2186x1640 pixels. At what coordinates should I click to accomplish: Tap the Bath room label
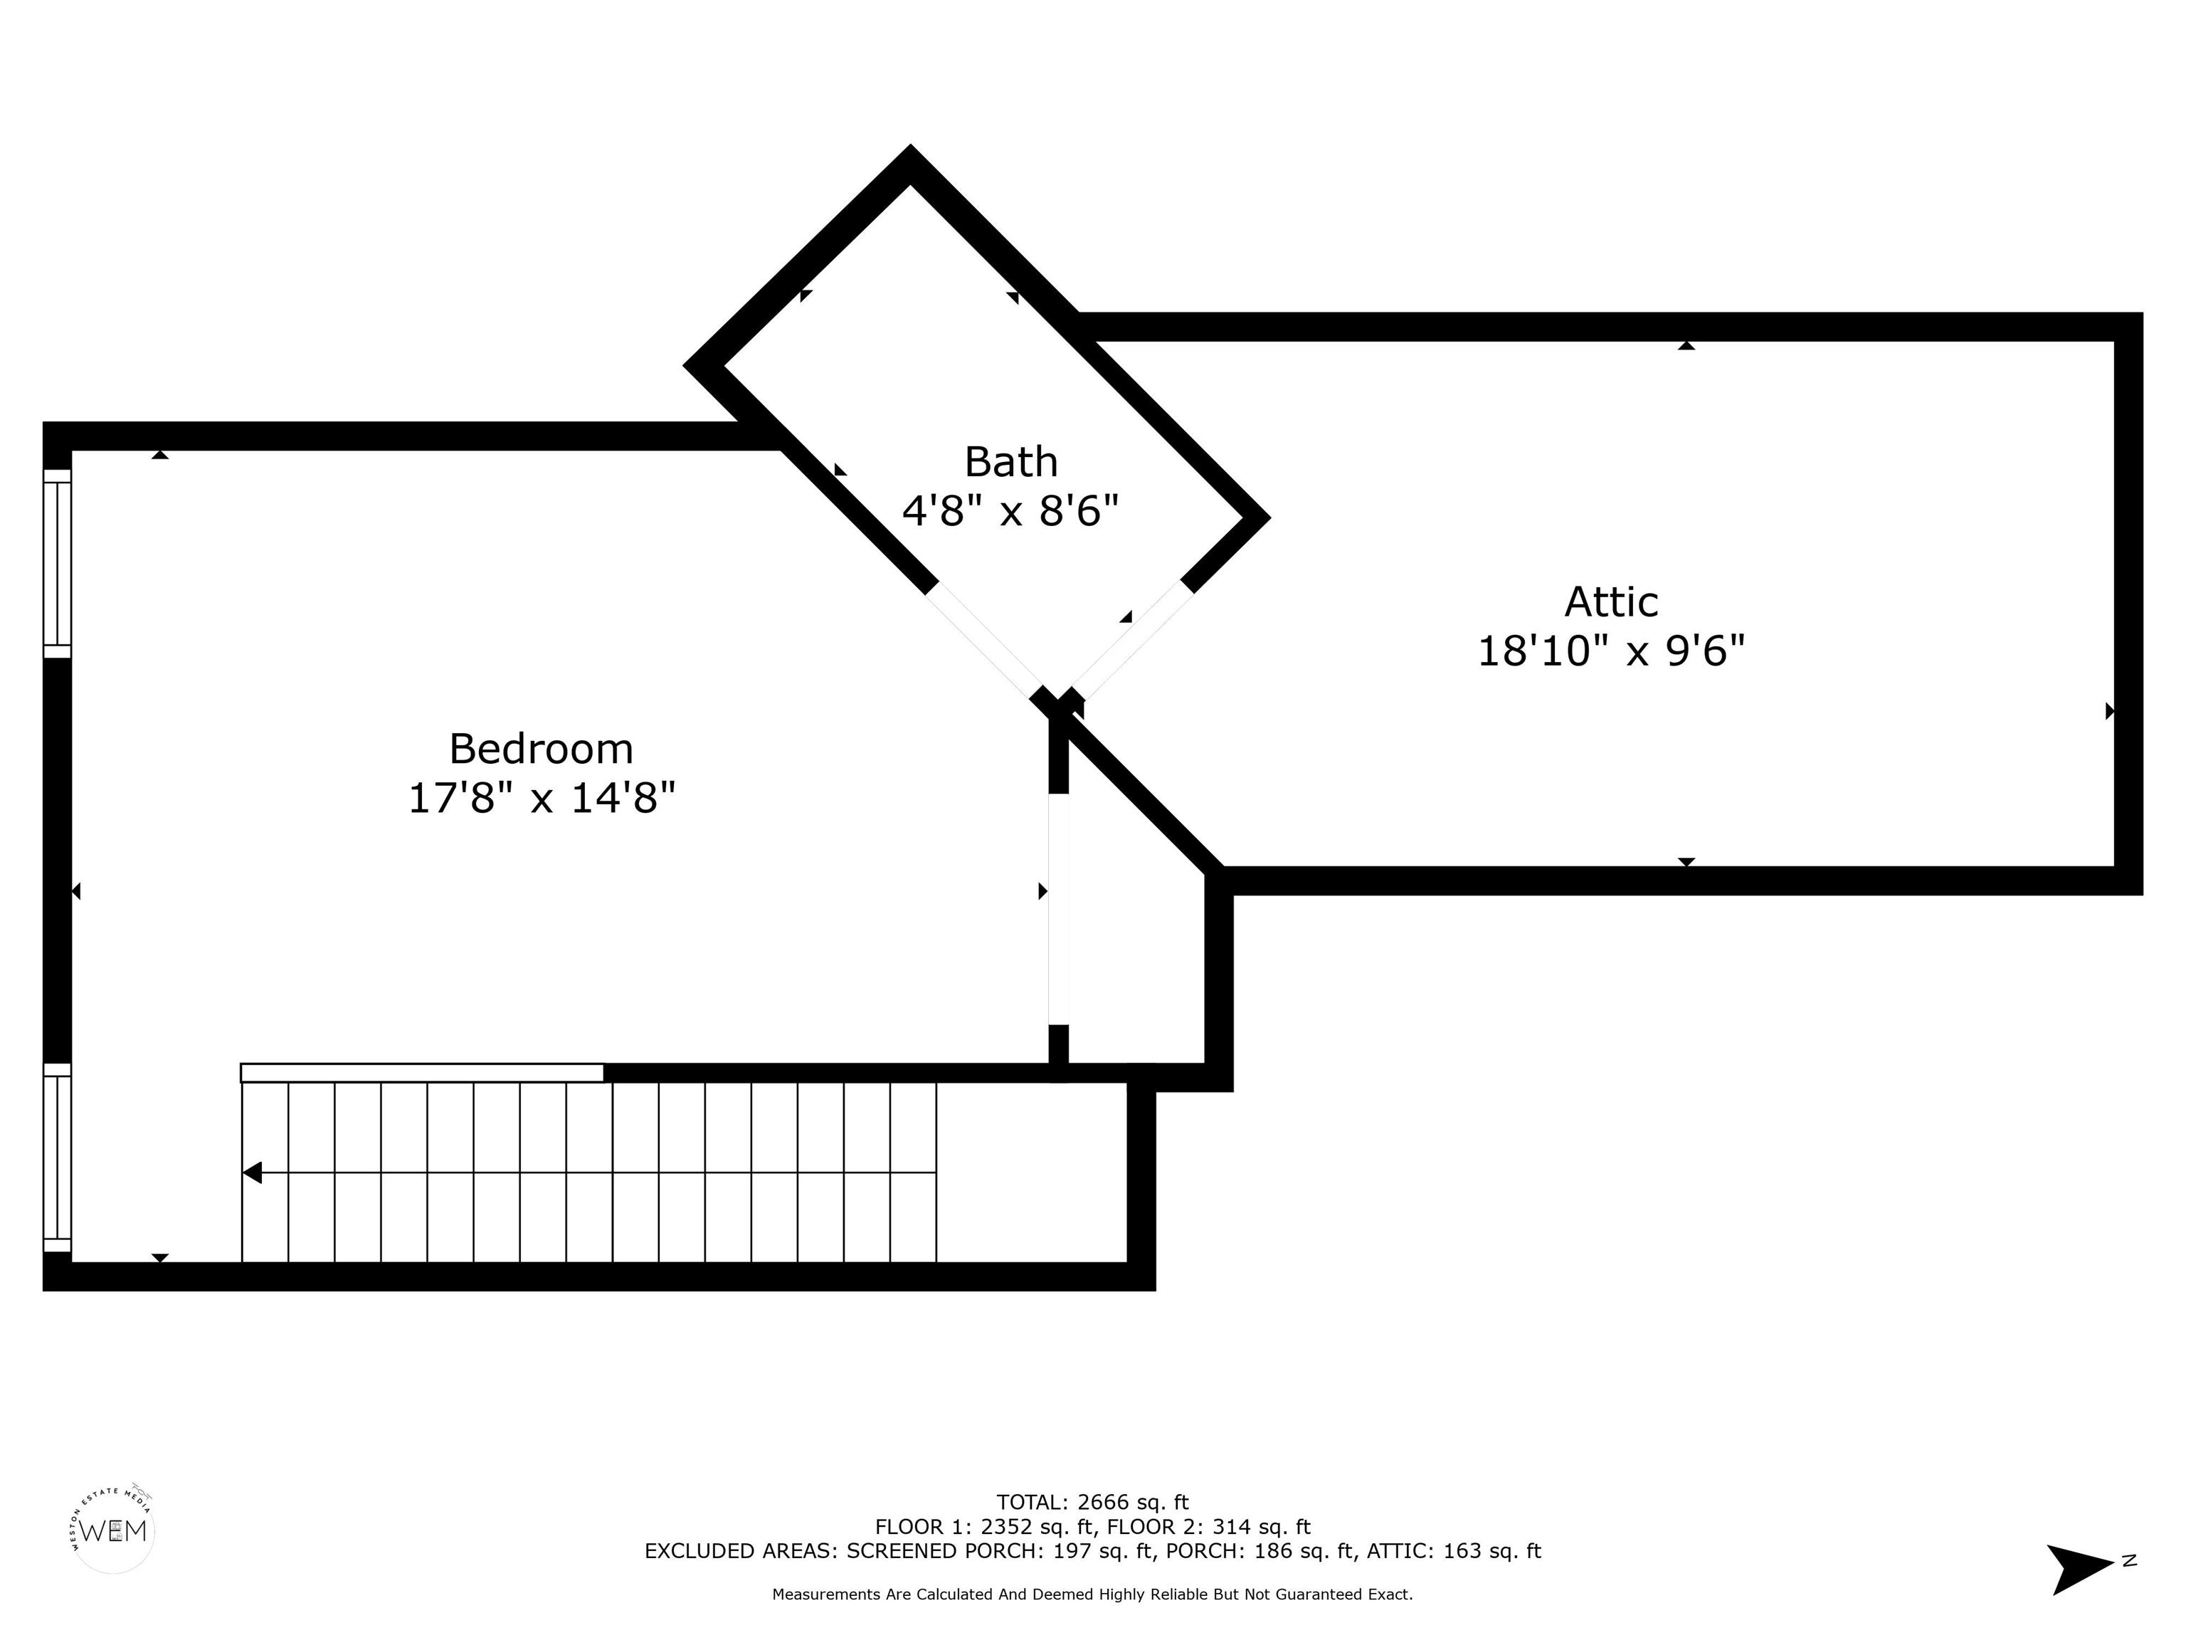pyautogui.click(x=1011, y=462)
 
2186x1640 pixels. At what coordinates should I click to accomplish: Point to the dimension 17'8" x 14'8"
pyautogui.click(x=542, y=798)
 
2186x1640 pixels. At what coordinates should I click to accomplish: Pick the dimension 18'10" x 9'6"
pyautogui.click(x=1611, y=651)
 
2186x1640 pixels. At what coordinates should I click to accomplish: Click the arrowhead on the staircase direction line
pyautogui.click(x=252, y=1172)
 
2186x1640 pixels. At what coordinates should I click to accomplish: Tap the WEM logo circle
pyautogui.click(x=114, y=1530)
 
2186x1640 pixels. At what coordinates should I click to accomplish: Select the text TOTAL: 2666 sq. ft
pyautogui.click(x=1092, y=1503)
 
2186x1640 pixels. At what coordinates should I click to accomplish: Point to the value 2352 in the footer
pyautogui.click(x=1007, y=1528)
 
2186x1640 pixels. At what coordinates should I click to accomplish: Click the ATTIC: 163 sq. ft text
pyautogui.click(x=1454, y=1551)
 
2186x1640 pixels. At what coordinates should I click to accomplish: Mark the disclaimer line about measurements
pyautogui.click(x=1092, y=1594)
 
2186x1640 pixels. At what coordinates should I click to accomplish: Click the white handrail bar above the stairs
pyautogui.click(x=422, y=1073)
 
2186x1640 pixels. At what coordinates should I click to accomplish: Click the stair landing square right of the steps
pyautogui.click(x=1032, y=1172)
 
